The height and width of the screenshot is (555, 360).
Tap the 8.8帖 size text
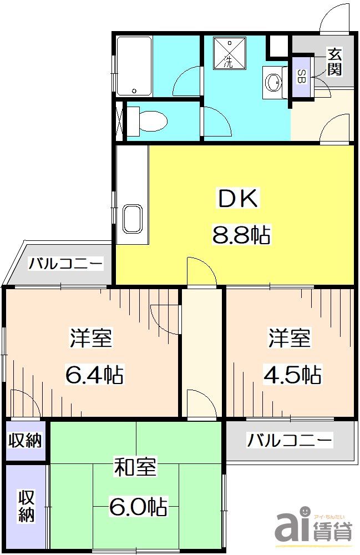coord(240,235)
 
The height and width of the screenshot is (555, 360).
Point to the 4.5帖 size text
coord(291,376)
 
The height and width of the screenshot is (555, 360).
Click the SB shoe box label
coord(301,77)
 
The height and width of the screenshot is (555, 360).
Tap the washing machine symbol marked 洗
coord(229,53)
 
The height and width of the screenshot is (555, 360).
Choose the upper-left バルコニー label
coord(66,263)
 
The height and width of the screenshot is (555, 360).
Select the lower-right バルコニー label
coord(290,441)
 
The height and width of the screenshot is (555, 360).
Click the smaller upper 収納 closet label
coord(25,441)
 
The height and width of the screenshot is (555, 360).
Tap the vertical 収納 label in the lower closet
coord(26,506)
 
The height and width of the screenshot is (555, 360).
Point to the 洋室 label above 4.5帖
coord(290,338)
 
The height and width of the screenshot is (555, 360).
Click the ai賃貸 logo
coord(313,525)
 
